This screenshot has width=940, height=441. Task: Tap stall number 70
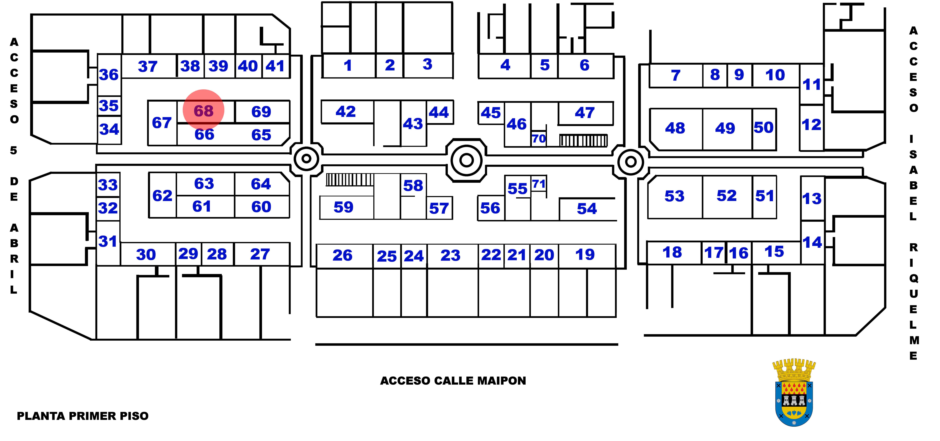tap(539, 139)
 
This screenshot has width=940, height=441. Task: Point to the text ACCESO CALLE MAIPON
tap(453, 381)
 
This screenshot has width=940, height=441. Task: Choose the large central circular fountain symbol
tap(466, 160)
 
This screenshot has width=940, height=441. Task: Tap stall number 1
tap(348, 66)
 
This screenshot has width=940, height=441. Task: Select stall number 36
tap(109, 75)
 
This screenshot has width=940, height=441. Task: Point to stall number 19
tap(585, 254)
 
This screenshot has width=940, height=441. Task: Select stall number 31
tap(108, 241)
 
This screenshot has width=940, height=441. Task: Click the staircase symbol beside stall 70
tap(583, 141)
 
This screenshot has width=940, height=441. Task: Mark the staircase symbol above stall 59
tap(350, 180)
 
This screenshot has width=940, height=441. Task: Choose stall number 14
tap(812, 242)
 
